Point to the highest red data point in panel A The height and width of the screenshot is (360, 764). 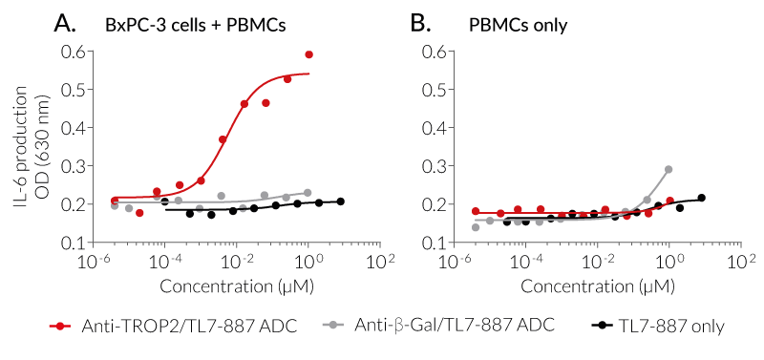point(308,54)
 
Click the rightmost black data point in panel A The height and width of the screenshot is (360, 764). point(340,201)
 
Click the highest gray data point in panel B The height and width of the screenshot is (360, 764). point(668,170)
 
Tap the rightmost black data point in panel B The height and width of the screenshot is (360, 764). point(701,199)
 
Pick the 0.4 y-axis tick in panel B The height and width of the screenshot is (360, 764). point(431,128)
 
